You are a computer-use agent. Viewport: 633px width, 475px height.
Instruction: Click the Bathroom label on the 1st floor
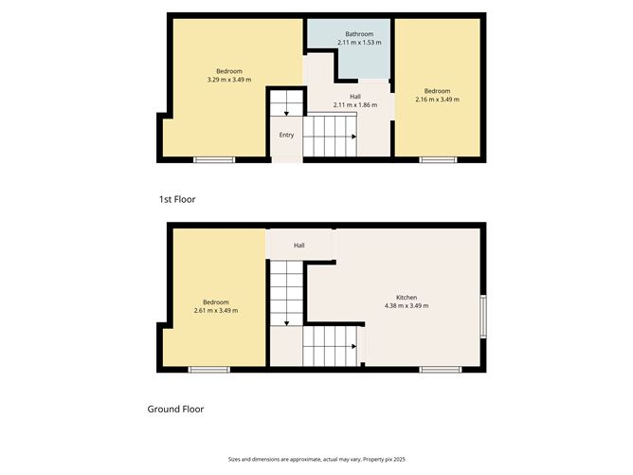pyautogui.click(x=359, y=34)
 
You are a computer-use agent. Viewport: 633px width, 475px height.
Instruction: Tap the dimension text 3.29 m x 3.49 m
pyautogui.click(x=228, y=80)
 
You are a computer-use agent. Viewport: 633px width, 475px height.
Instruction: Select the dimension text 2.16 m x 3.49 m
pyautogui.click(x=437, y=100)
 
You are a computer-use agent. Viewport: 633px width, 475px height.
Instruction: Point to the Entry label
pyautogui.click(x=286, y=135)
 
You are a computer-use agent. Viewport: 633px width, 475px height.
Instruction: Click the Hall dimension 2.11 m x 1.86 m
pyautogui.click(x=354, y=104)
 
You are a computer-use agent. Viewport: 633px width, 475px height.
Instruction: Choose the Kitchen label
pyautogui.click(x=407, y=297)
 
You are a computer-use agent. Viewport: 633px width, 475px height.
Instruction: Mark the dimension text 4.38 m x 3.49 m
pyautogui.click(x=407, y=305)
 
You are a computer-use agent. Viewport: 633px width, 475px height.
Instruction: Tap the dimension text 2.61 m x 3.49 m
pyautogui.click(x=215, y=310)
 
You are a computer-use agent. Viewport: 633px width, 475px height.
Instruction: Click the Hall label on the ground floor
pyautogui.click(x=298, y=246)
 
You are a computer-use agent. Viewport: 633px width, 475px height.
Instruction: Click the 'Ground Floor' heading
pyautogui.click(x=175, y=410)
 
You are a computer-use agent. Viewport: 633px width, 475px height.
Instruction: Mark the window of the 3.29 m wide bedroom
pyautogui.click(x=214, y=159)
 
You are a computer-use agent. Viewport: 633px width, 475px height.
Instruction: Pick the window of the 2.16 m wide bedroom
pyautogui.click(x=438, y=159)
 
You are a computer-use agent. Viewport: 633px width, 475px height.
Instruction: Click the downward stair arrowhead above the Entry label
pyautogui.click(x=286, y=113)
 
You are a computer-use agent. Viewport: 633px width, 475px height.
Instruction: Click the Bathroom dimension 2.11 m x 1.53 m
pyautogui.click(x=359, y=43)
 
